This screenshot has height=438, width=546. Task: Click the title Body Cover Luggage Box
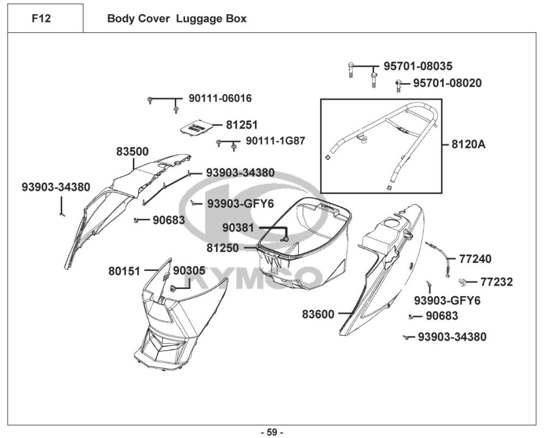pyautogui.click(x=176, y=19)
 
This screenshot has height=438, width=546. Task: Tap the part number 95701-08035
pyautogui.click(x=418, y=66)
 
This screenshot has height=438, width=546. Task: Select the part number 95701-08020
pyautogui.click(x=447, y=83)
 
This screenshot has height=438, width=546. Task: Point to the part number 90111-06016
pyautogui.click(x=220, y=99)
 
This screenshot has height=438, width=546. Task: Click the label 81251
pyautogui.click(x=242, y=125)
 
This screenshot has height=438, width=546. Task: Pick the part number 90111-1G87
pyautogui.click(x=275, y=141)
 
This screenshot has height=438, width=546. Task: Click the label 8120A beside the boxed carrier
pyautogui.click(x=468, y=145)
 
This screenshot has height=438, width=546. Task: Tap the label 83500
pyautogui.click(x=132, y=151)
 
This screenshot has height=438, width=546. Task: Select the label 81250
pyautogui.click(x=222, y=248)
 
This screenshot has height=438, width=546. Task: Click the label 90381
pyautogui.click(x=238, y=227)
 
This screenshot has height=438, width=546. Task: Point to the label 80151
pyautogui.click(x=124, y=270)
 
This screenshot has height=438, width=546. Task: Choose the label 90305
pyautogui.click(x=189, y=270)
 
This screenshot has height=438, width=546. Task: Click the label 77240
pyautogui.click(x=474, y=259)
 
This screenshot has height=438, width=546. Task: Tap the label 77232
pyautogui.click(x=496, y=282)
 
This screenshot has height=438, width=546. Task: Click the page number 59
pyautogui.click(x=272, y=432)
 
